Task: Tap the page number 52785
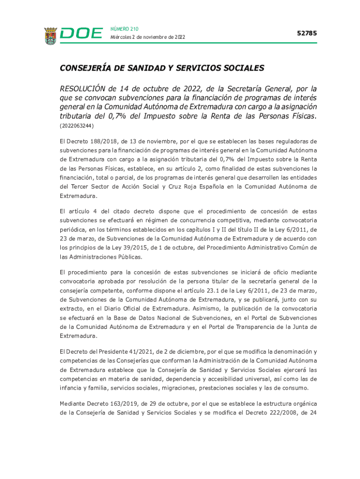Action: coord(307,33)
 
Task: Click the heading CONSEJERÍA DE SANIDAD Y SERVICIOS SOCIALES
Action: coord(162,68)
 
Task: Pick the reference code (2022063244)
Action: coord(77,126)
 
